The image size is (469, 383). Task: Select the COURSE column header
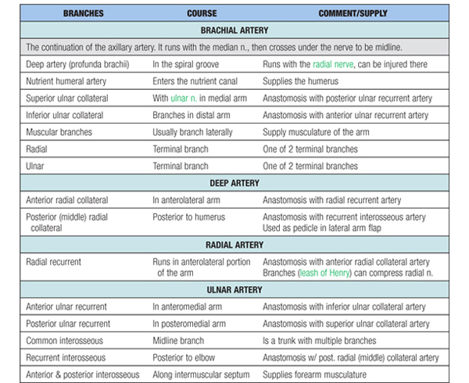[202, 13]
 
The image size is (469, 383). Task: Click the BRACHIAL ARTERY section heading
[234, 30]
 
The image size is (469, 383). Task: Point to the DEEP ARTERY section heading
[234, 183]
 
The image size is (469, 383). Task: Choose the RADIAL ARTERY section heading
[234, 245]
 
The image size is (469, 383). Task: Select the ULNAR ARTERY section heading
[234, 290]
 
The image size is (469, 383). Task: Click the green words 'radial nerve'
[336, 65]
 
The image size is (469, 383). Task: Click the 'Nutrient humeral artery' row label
[69, 81]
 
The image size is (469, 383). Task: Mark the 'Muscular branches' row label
[59, 132]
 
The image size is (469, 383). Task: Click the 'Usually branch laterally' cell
[192, 132]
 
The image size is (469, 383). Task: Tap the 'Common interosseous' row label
[65, 341]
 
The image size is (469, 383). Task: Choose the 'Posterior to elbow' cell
[184, 358]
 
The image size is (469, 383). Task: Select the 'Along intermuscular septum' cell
[200, 374]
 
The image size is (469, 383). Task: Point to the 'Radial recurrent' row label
[55, 262]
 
